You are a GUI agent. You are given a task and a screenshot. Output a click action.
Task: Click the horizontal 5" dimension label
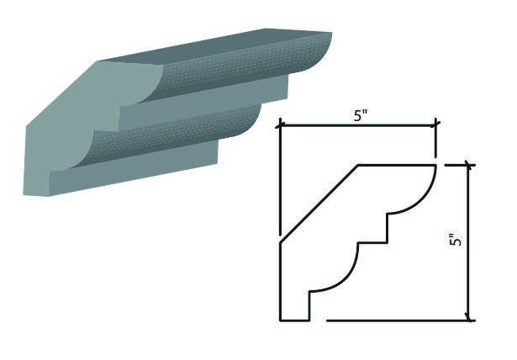pyautogui.click(x=361, y=115)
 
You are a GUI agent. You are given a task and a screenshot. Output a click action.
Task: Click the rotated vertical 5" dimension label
pyautogui.click(x=456, y=240)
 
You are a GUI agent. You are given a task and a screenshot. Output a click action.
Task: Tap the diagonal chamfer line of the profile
pyautogui.click(x=319, y=204)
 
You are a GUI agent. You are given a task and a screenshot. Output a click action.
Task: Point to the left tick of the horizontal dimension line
pyautogui.click(x=280, y=125)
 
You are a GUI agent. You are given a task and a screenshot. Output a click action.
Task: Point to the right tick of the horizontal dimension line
pyautogui.click(x=437, y=124)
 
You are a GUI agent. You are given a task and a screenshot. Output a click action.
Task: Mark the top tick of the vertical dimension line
pyautogui.click(x=468, y=165)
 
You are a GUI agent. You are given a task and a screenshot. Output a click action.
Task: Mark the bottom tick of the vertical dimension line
pyautogui.click(x=468, y=320)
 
